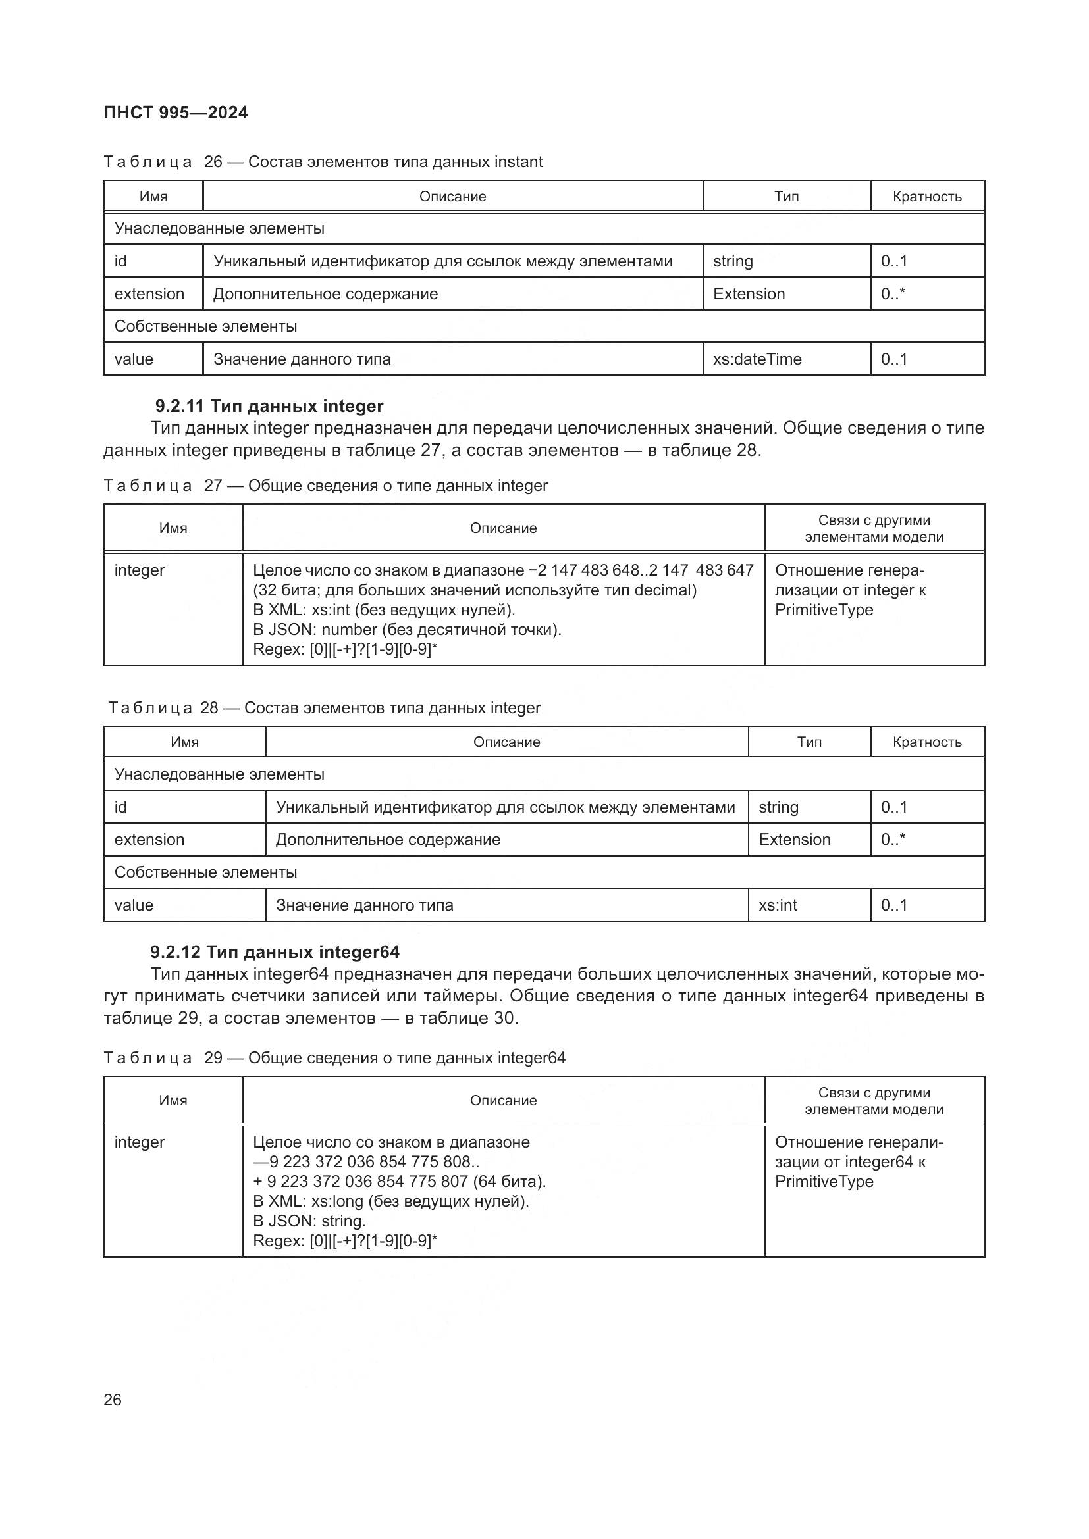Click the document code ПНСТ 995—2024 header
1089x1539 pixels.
tap(176, 113)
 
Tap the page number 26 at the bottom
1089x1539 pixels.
tap(113, 1400)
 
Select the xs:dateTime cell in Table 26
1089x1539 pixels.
tap(757, 359)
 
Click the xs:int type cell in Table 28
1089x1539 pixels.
tap(778, 905)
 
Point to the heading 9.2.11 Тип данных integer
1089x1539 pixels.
tap(269, 406)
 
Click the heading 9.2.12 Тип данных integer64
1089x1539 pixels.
tap(275, 953)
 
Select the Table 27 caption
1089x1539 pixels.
tap(326, 486)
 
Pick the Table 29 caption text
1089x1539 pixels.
tap(334, 1058)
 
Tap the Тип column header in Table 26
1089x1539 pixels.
tap(787, 196)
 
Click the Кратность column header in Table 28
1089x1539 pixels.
tap(928, 742)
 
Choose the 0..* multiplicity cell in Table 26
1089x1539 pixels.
tap(893, 294)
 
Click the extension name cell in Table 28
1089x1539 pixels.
tap(149, 840)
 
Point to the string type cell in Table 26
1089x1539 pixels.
tap(733, 261)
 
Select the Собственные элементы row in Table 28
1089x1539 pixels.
tap(206, 872)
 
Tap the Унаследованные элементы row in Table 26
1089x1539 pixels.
tap(219, 228)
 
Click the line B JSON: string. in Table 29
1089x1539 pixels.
tap(309, 1221)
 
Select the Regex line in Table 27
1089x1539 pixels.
tap(344, 649)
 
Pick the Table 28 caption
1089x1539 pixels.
tap(325, 708)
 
